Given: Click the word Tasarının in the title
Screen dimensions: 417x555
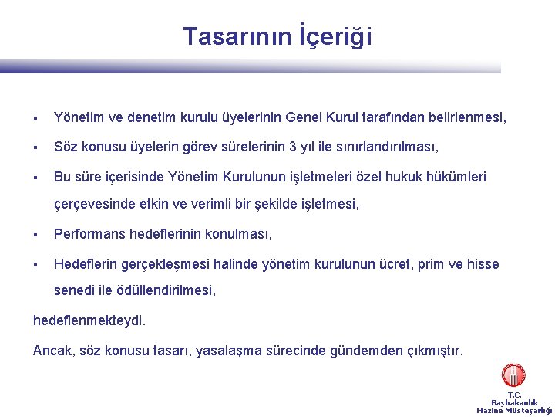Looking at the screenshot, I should pyautogui.click(x=237, y=36).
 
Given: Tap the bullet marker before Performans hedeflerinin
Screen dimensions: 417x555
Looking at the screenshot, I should pyautogui.click(x=36, y=234).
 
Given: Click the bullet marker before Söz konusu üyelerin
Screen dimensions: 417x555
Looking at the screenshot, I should pyautogui.click(x=36, y=147).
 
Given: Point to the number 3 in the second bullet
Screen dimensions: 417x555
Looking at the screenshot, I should pyautogui.click(x=292, y=147).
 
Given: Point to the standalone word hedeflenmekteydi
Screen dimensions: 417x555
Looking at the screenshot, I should pyautogui.click(x=89, y=320).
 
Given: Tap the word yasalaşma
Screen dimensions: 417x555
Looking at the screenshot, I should pyautogui.click(x=230, y=351).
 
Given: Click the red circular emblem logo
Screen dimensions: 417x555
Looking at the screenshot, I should pyautogui.click(x=513, y=375).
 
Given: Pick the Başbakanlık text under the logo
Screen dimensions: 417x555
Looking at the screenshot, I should pyautogui.click(x=514, y=402).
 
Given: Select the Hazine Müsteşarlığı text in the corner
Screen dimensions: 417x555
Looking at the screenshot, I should pyautogui.click(x=514, y=411).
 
